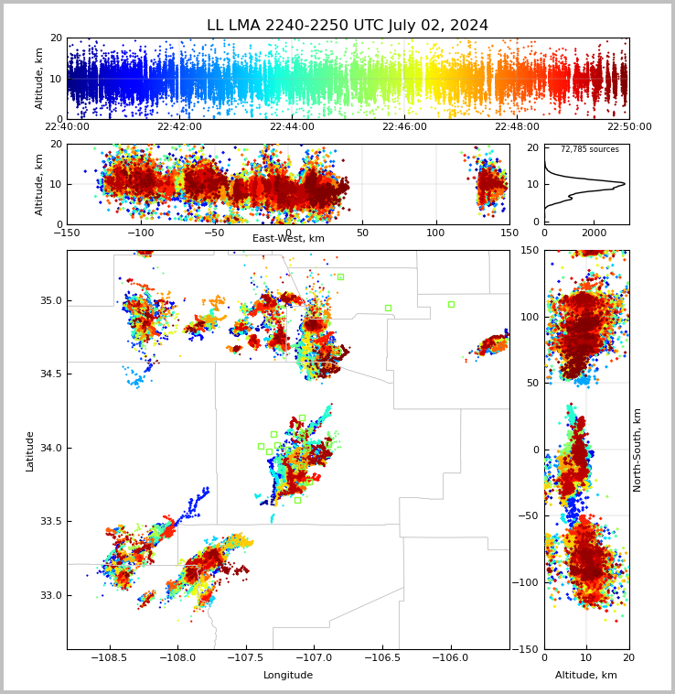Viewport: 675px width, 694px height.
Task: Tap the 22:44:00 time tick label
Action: (292, 126)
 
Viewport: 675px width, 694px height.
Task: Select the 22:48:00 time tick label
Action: (517, 126)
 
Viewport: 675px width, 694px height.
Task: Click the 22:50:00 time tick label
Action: (629, 126)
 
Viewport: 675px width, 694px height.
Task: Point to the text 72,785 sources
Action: (590, 149)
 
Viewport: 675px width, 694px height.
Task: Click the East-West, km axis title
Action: (288, 238)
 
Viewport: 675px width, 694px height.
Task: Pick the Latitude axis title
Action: (29, 451)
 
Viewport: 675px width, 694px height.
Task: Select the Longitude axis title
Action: (288, 675)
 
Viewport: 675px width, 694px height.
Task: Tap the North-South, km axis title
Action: (637, 450)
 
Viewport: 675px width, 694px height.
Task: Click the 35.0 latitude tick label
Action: (51, 300)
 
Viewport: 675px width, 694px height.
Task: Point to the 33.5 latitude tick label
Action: (51, 521)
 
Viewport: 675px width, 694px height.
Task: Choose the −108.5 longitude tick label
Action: (109, 657)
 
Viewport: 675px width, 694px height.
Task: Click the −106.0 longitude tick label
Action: (450, 657)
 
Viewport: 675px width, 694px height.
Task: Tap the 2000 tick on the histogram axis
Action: (595, 233)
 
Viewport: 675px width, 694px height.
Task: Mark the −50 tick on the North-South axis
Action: (529, 515)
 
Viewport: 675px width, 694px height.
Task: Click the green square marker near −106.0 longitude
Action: (451, 305)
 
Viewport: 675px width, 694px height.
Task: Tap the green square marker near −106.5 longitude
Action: (388, 308)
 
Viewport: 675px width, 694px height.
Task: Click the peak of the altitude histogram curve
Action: (625, 183)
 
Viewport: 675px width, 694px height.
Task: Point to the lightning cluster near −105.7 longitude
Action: (490, 345)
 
